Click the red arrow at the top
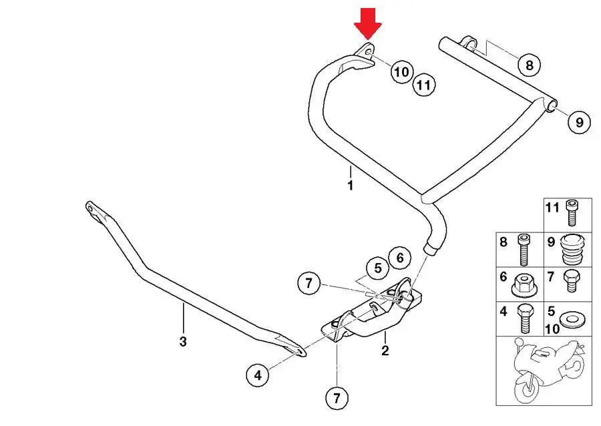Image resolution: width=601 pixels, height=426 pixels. click(367, 23)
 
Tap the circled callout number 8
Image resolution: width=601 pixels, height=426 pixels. click(529, 65)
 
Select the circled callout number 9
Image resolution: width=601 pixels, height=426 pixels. click(579, 122)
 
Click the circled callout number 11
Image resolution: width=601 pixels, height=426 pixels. click(424, 84)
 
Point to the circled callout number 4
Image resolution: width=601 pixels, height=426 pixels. click(258, 375)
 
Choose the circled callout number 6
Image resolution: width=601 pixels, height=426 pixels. click(400, 258)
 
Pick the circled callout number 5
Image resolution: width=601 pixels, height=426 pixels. click(378, 268)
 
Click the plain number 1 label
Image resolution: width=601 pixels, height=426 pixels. click(351, 186)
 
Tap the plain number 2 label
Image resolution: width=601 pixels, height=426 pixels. click(385, 350)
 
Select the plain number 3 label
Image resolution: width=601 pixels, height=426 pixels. click(183, 341)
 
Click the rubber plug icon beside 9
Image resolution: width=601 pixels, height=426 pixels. click(573, 250)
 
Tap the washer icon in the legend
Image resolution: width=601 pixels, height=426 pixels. click(572, 318)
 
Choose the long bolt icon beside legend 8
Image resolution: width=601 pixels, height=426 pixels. click(524, 250)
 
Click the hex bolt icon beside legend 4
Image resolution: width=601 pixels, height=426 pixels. click(524, 318)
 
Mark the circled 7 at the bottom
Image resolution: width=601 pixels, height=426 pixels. click(337, 398)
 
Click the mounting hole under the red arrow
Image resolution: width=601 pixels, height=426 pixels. click(369, 51)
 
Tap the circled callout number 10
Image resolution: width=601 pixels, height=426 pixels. click(402, 71)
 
